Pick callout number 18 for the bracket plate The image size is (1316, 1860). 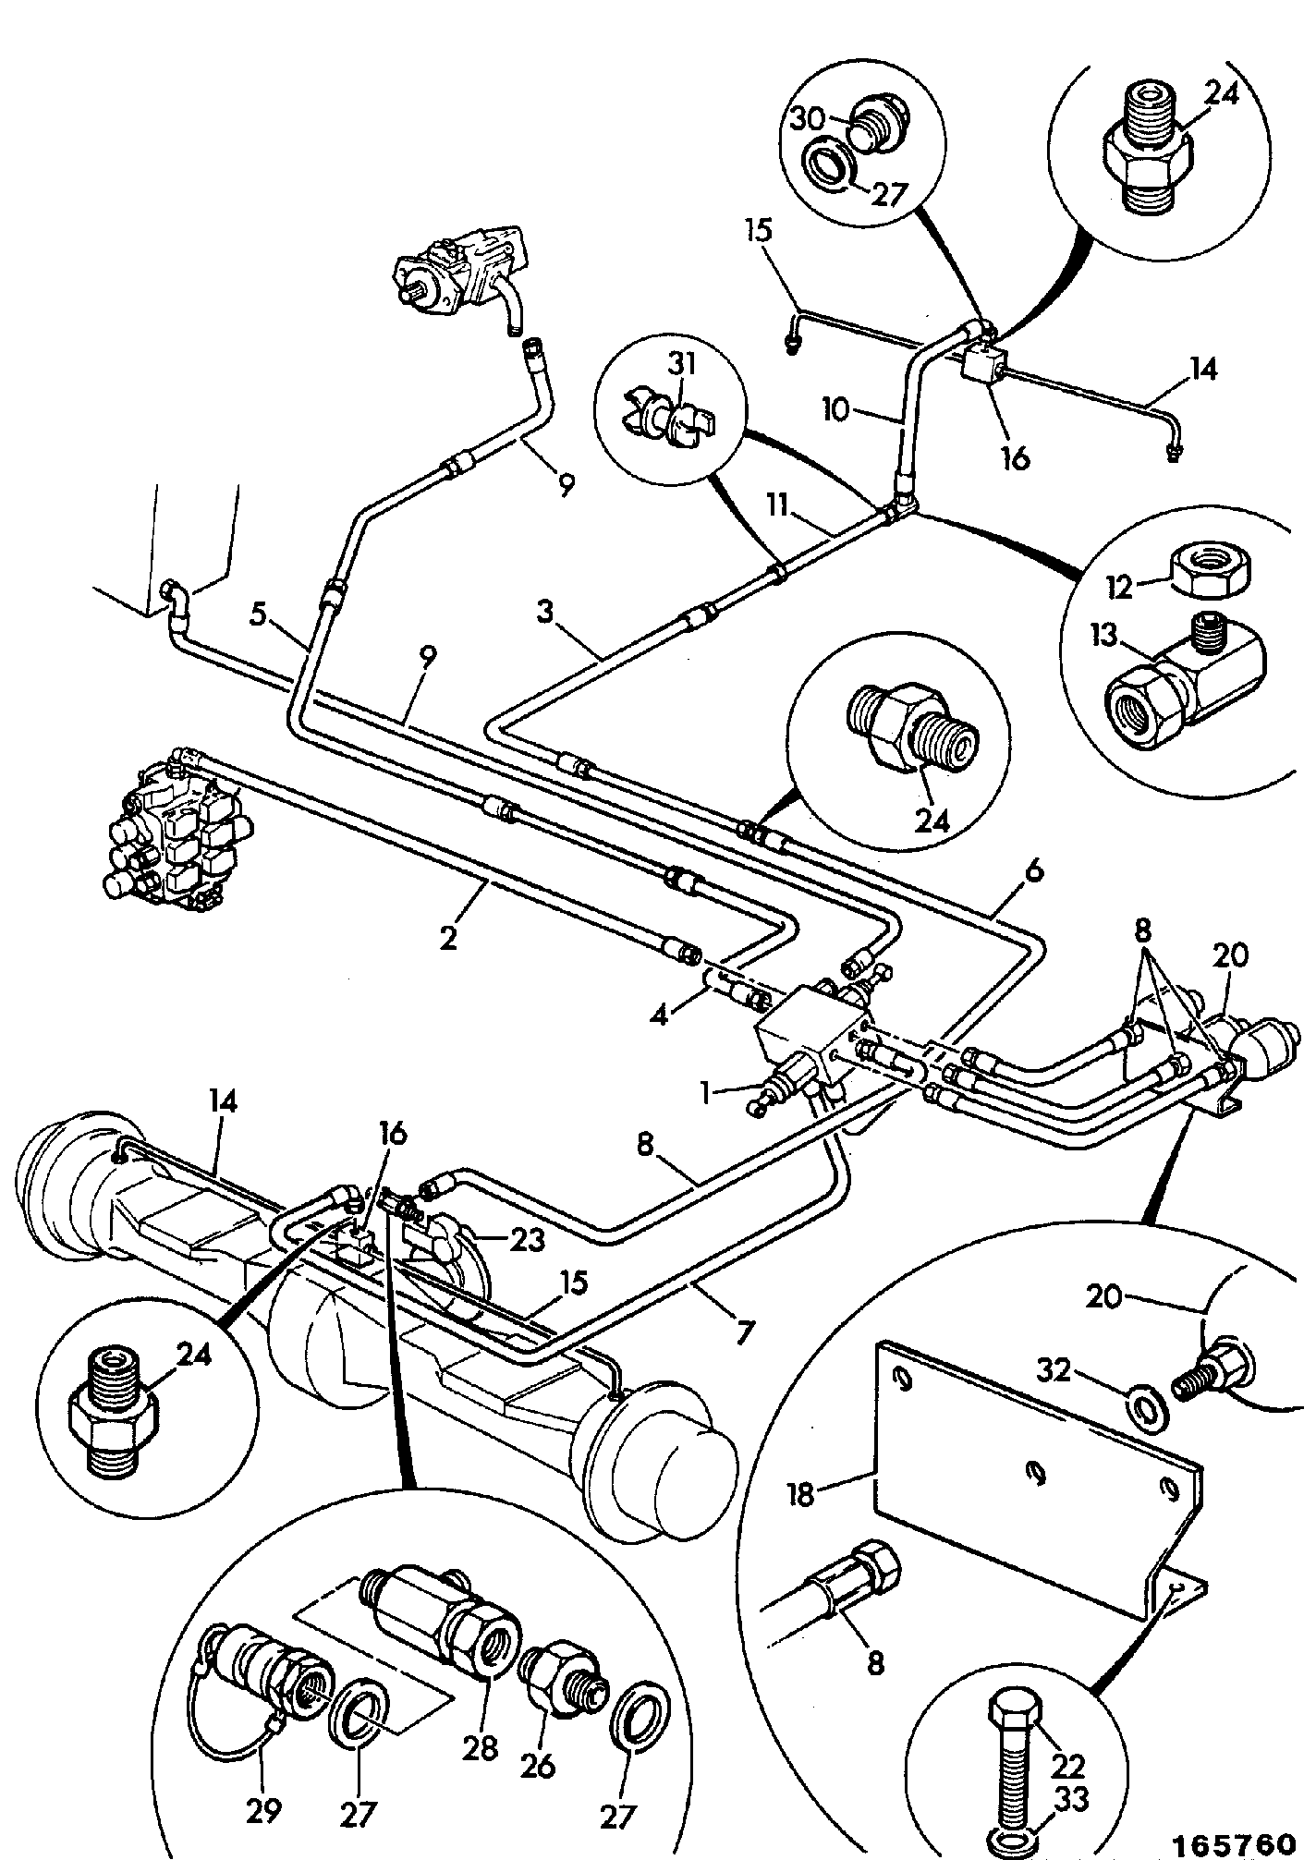pos(801,1493)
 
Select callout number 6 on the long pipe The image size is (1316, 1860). pos(1033,871)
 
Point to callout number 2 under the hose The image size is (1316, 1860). pos(449,938)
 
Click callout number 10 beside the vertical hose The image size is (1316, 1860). pos(835,409)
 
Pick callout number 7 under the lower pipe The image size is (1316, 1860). pos(745,1331)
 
